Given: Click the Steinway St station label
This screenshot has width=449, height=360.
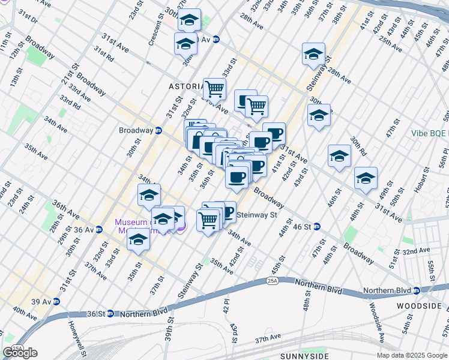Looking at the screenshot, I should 257,215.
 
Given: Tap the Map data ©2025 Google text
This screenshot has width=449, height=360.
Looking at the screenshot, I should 411,355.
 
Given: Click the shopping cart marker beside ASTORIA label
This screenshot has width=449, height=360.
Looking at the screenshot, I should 214,89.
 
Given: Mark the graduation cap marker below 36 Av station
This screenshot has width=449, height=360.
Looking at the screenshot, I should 138,241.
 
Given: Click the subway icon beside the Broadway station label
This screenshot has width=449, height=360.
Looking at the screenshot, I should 158,130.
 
